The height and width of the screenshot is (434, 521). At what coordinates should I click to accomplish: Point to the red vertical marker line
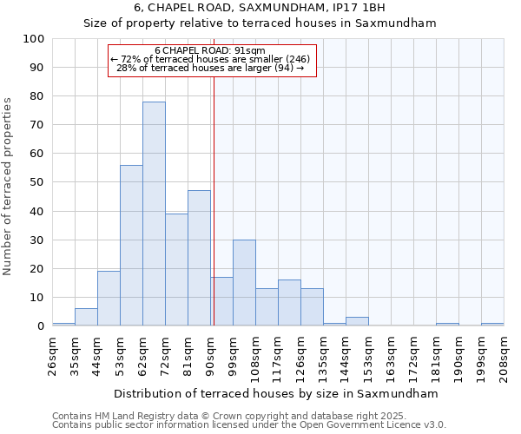214,200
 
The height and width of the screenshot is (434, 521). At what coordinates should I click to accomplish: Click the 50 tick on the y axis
37,182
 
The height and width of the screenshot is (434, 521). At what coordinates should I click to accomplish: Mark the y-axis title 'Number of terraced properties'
9,187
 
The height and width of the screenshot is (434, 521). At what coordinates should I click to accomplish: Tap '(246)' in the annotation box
292,59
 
